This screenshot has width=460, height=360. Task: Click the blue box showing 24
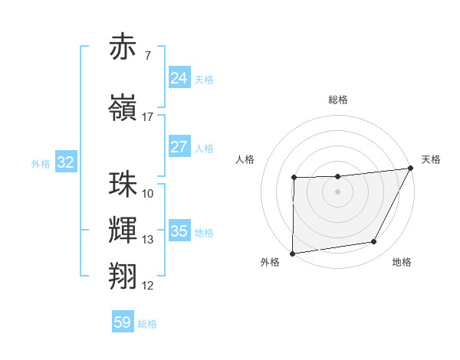pos(179,78)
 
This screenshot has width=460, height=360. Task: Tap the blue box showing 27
pos(179,147)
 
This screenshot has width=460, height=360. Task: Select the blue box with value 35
pos(179,231)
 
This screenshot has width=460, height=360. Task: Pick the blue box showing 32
pos(65,162)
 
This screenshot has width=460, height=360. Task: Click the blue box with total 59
pos(123,322)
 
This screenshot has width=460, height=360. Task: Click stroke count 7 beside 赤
pos(147,56)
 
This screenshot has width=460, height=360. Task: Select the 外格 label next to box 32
pos(41,163)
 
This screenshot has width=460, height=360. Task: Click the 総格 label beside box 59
pos(147,324)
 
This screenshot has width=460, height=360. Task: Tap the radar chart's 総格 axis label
pos(338,100)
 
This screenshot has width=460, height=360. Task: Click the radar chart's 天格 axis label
pos(431,159)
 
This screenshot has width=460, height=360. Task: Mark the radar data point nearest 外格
pos(292,254)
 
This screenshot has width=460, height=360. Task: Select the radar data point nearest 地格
pos(374,242)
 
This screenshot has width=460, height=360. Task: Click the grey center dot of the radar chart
pos(337,191)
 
